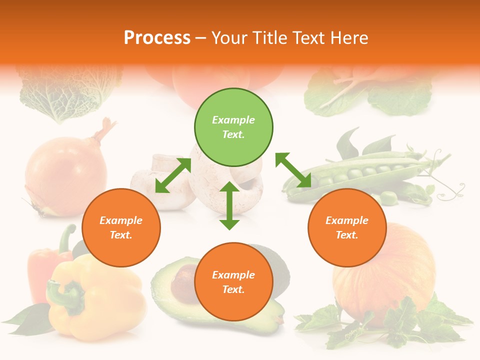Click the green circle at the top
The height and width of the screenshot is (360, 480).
click(233, 127)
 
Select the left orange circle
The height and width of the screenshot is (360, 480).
click(121, 227)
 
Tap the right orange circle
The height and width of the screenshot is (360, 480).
click(347, 227)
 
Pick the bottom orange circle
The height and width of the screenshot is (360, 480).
click(233, 282)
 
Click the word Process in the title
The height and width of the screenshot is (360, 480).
click(157, 38)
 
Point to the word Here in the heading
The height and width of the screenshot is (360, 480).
click(348, 38)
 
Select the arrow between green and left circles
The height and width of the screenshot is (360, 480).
click(173, 175)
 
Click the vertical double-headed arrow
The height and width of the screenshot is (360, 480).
click(229, 205)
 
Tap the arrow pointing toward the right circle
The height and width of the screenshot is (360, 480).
click(293, 170)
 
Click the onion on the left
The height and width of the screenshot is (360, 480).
click(65, 175)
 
